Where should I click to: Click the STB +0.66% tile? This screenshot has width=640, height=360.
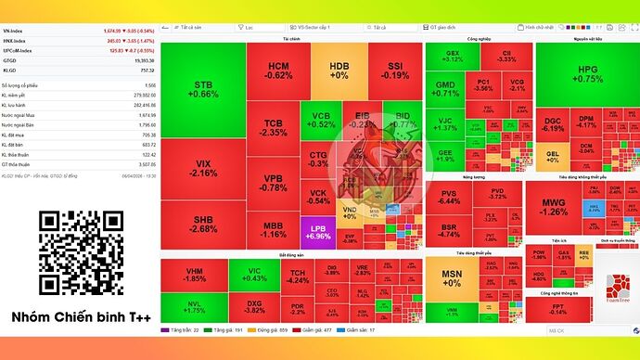point(203,89)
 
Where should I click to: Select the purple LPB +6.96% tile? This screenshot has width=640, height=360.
point(317,232)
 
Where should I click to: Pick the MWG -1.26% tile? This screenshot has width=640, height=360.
point(554,206)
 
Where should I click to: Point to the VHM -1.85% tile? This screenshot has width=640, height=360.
point(194,274)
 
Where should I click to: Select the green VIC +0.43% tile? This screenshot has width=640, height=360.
point(253,274)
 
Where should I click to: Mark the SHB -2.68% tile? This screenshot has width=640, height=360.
point(203,224)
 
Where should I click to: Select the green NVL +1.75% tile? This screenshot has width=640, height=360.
point(194,306)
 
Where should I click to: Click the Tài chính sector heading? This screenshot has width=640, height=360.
point(290,40)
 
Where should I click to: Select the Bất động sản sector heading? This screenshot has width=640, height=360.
point(290,253)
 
